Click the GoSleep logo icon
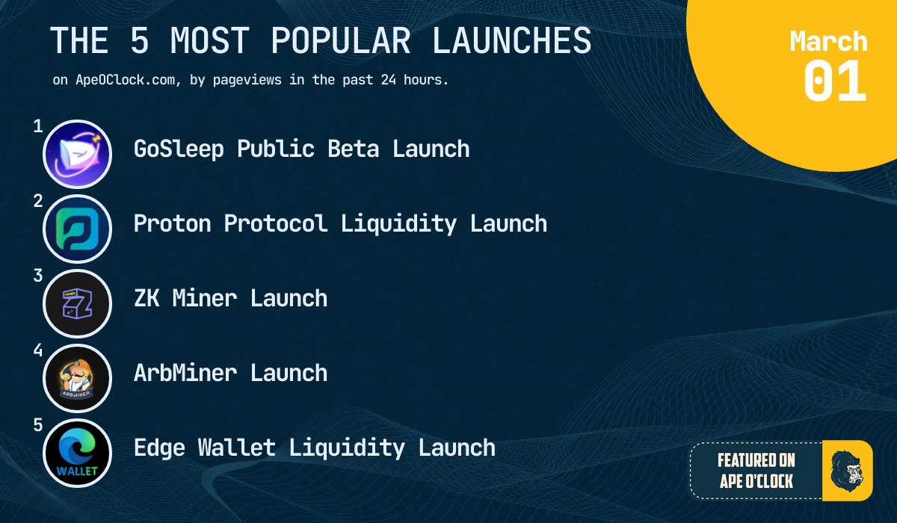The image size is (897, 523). tap(77, 154)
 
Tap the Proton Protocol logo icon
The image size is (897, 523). tap(77, 229)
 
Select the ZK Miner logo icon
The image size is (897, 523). tap(77, 303)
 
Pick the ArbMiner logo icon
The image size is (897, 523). tap(77, 378)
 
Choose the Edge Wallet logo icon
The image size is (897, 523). tap(77, 453)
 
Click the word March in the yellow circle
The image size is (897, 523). tap(828, 40)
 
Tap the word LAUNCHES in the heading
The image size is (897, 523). tap(512, 40)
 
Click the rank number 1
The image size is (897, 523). tap(37, 126)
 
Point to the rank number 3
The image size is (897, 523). tap(37, 276)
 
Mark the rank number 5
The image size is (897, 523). tap(37, 425)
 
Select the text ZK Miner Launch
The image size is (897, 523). tap(230, 298)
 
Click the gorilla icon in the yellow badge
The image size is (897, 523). tap(846, 471)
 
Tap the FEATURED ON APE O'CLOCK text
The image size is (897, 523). tap(756, 471)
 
